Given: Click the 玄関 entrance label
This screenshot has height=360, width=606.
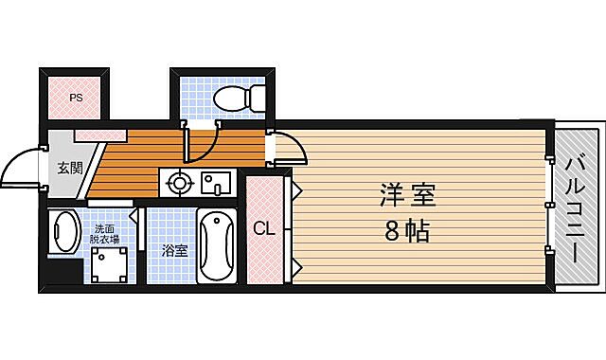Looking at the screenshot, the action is (69, 169).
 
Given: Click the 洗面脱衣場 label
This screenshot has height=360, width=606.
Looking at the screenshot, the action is (104, 234).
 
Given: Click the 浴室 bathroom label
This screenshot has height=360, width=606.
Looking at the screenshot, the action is (173, 251).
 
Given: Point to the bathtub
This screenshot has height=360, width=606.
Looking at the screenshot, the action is (219, 245).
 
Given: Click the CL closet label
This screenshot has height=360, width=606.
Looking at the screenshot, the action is (264, 227).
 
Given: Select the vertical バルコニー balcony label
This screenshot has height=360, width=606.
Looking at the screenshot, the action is (578, 207).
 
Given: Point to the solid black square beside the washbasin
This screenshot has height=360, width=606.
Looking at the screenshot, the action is (65, 276).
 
